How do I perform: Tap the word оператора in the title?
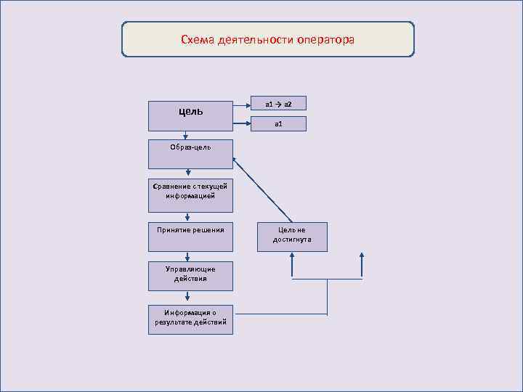(x=325, y=39)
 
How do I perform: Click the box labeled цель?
(x=190, y=112)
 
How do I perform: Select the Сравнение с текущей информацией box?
(x=190, y=191)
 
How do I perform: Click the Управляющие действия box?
(x=190, y=274)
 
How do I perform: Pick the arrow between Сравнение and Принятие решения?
(x=188, y=216)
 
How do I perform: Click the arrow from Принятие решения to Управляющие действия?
(x=188, y=256)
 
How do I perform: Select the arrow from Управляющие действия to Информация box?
(x=188, y=295)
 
